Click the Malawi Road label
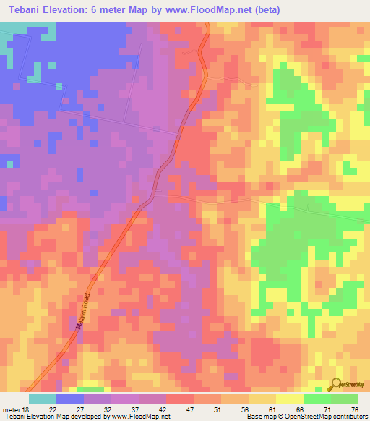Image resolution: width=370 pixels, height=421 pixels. (82, 312)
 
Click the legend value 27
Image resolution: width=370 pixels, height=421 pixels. (79, 409)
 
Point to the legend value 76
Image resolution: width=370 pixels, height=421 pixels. (354, 409)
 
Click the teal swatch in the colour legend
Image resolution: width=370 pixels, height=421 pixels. (43, 399)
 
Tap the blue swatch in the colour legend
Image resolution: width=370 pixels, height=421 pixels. (70, 399)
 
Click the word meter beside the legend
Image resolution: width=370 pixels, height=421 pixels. (12, 409)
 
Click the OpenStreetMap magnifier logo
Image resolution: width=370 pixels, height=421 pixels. (336, 386)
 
